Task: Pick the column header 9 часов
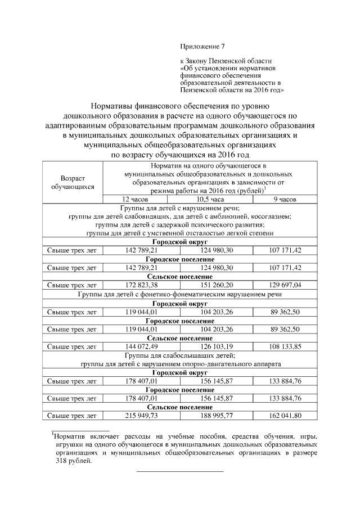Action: click(x=285, y=199)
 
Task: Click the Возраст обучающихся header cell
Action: click(x=73, y=181)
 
